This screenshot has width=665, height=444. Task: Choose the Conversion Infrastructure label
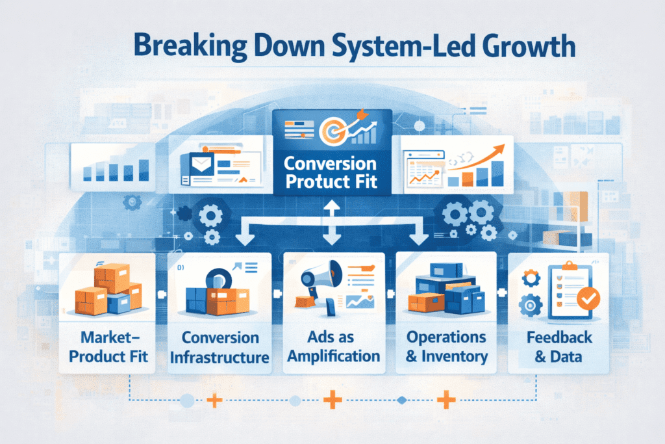(220, 347)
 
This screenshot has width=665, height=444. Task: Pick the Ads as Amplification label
(333, 347)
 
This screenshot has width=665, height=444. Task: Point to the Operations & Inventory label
(446, 346)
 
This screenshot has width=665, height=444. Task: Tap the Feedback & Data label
(559, 347)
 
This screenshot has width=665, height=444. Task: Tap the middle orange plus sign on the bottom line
(332, 399)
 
